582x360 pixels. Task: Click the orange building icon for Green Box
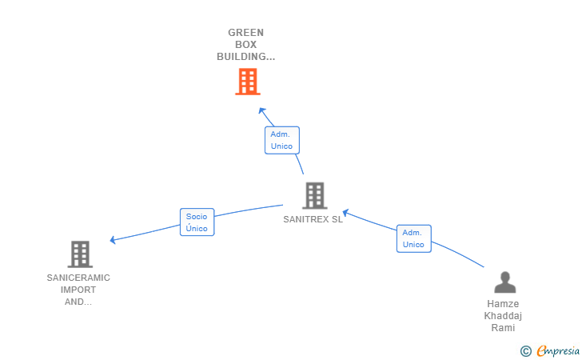pyautogui.click(x=247, y=82)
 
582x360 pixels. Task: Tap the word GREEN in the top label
pyautogui.click(x=245, y=33)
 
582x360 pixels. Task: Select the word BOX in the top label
pyautogui.click(x=245, y=45)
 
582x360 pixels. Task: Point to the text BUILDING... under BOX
pyautogui.click(x=245, y=57)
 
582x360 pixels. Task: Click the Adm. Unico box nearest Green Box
pyautogui.click(x=281, y=140)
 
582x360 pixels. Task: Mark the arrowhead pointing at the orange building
pyautogui.click(x=261, y=110)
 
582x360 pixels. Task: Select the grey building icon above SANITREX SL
pyautogui.click(x=314, y=195)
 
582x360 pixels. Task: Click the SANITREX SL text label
pyautogui.click(x=313, y=219)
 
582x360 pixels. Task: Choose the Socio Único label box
pyautogui.click(x=197, y=222)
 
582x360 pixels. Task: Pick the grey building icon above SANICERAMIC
pyautogui.click(x=80, y=254)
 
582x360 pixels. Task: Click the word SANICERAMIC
pyautogui.click(x=78, y=278)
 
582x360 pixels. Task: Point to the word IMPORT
pyautogui.click(x=78, y=290)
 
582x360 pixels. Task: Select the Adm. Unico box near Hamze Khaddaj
pyautogui.click(x=413, y=238)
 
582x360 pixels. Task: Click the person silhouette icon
pyautogui.click(x=504, y=282)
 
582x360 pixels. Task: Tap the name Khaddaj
pyautogui.click(x=503, y=316)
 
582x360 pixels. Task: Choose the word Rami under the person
pyautogui.click(x=503, y=328)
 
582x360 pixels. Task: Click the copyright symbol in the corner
pyautogui.click(x=525, y=350)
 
